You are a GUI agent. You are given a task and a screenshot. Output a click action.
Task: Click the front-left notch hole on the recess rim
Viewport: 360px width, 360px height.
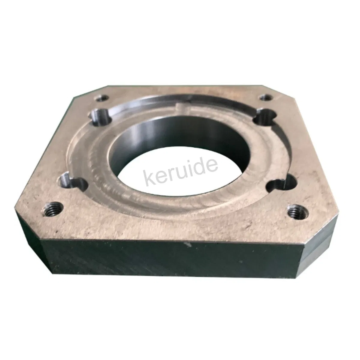(73, 182)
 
